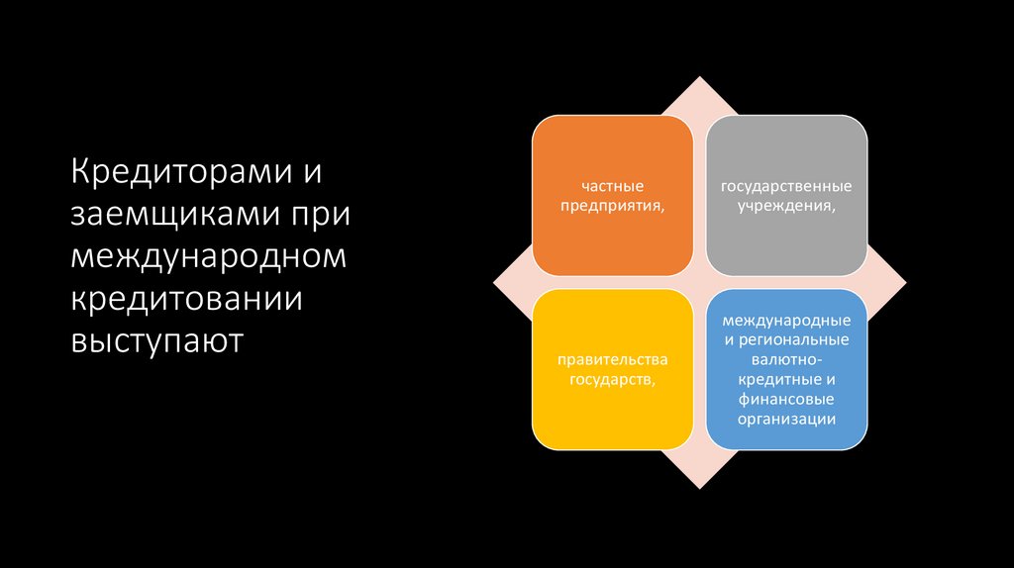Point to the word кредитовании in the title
pyautogui.click(x=186, y=299)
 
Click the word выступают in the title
pyautogui.click(x=156, y=341)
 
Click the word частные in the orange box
pyautogui.click(x=613, y=186)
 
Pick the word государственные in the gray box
pyautogui.click(x=786, y=186)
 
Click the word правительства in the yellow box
pyautogui.click(x=613, y=360)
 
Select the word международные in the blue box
pyautogui.click(x=786, y=322)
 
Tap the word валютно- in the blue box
pyautogui.click(x=786, y=360)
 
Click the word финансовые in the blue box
pyautogui.click(x=786, y=399)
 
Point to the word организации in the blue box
pyautogui.click(x=786, y=418)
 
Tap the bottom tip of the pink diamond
pyautogui.click(x=700, y=486)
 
